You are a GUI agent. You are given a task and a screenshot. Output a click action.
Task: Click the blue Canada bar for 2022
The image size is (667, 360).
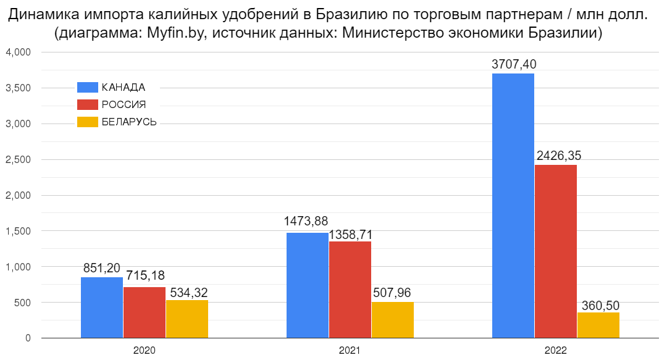(513, 206)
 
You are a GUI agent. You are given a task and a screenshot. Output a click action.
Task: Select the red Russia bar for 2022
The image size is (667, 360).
(555, 251)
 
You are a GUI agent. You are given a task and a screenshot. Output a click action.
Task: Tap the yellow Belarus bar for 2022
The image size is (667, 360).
(598, 325)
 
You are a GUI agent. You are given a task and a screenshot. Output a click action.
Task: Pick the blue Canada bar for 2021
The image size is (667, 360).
(307, 285)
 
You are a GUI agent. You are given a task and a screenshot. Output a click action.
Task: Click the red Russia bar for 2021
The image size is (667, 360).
(350, 290)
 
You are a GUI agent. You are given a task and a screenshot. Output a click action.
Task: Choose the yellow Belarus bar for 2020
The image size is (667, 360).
(187, 319)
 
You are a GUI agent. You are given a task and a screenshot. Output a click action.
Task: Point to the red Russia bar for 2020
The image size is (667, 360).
(145, 312)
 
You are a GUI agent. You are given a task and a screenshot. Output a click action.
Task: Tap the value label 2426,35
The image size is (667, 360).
(559, 156)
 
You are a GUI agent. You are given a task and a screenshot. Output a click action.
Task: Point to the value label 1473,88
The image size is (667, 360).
(306, 221)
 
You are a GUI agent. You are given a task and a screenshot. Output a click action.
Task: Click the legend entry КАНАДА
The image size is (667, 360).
(123, 87)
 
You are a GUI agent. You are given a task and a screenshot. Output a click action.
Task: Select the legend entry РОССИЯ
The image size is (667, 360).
(124, 105)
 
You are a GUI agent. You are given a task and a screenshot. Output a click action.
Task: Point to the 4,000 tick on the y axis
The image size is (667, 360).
(18, 52)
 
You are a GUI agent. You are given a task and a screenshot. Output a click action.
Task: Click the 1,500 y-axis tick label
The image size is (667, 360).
(18, 231)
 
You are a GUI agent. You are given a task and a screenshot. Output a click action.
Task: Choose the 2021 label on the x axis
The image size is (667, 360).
(350, 350)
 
